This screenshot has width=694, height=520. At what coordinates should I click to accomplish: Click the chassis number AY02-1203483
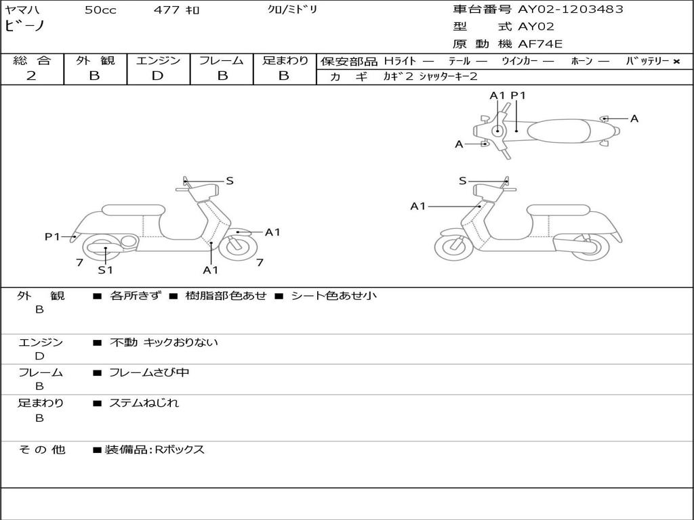(x=570, y=9)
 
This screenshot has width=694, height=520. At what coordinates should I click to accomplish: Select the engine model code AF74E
(x=540, y=44)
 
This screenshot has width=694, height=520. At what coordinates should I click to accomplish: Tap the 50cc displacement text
(x=100, y=9)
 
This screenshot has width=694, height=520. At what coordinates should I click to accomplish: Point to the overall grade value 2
(x=31, y=75)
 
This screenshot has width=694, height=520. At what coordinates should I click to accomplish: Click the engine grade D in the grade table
(x=157, y=76)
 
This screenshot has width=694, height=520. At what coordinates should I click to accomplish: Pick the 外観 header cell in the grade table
(x=95, y=60)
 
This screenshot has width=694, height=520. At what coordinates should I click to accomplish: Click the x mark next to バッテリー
(x=676, y=62)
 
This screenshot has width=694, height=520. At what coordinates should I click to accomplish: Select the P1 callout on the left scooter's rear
(x=52, y=236)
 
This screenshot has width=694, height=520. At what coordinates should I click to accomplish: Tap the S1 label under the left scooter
(x=105, y=269)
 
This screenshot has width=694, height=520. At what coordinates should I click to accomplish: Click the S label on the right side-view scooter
(x=462, y=181)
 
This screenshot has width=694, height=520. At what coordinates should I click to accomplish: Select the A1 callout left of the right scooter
(x=417, y=206)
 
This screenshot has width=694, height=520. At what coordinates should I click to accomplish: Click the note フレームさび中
(x=149, y=372)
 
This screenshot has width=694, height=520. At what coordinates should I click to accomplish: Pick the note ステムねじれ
(x=144, y=403)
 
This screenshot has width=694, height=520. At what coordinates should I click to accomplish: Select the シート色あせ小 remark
(x=333, y=296)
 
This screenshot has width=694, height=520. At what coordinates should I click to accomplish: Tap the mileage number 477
(x=166, y=9)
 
